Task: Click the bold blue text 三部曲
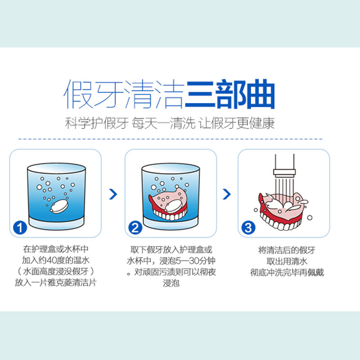coord(229,94)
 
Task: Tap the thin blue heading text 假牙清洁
coord(124,94)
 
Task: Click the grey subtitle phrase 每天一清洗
coord(163,123)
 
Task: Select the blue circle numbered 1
coord(20,228)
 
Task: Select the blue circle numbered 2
coord(135,228)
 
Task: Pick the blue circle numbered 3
coord(248,228)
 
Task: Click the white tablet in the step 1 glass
coord(59,206)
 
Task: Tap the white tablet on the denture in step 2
coord(174,206)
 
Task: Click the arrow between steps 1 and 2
coord(113,194)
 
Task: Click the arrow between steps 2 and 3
coord(227,194)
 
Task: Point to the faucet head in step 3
coord(284,173)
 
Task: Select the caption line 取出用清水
coord(287,261)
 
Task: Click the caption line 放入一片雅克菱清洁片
coord(56,283)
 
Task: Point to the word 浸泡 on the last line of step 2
coord(171,283)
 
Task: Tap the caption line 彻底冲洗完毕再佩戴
coord(287,273)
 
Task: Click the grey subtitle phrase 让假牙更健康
coord(237,123)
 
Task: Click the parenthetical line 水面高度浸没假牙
coord(56,271)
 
